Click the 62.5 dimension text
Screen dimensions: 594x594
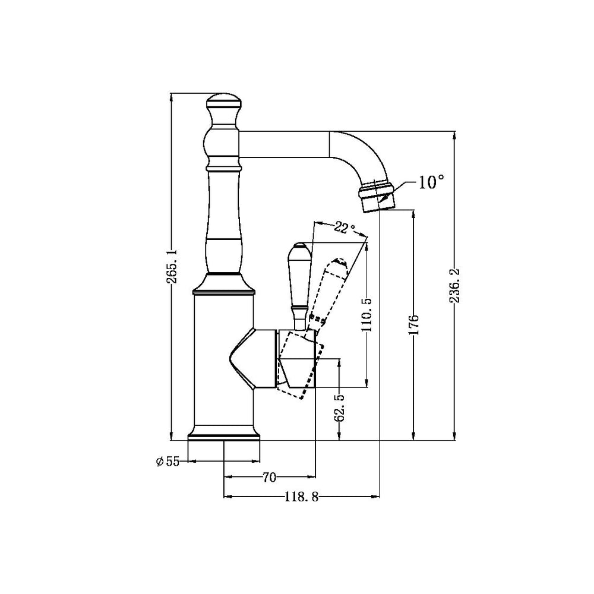[x=339, y=407]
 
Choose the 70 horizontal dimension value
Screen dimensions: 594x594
[x=269, y=477]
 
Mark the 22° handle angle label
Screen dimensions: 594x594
[x=344, y=228]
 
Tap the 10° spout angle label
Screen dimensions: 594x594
[x=431, y=182]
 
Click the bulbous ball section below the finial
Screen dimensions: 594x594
[x=223, y=143]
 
